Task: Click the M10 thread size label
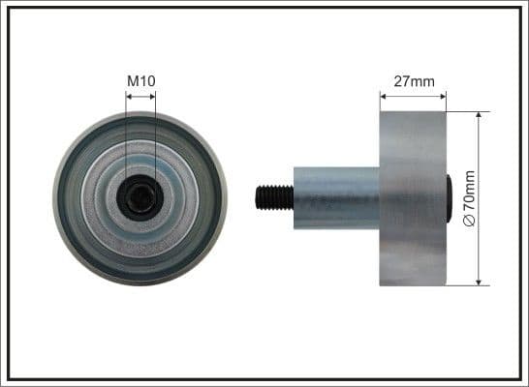pyautogui.click(x=140, y=80)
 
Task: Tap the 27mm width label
pyautogui.click(x=413, y=80)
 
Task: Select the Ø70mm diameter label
pyautogui.click(x=470, y=198)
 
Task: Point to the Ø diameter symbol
pyautogui.click(x=470, y=222)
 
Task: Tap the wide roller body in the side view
pyautogui.click(x=413, y=198)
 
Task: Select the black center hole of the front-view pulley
pyautogui.click(x=139, y=198)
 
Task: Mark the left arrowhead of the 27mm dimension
pyautogui.click(x=384, y=96)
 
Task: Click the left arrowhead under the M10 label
pyautogui.click(x=129, y=96)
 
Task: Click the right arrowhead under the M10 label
pyautogui.click(x=152, y=96)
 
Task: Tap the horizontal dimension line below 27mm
pyautogui.click(x=413, y=96)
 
